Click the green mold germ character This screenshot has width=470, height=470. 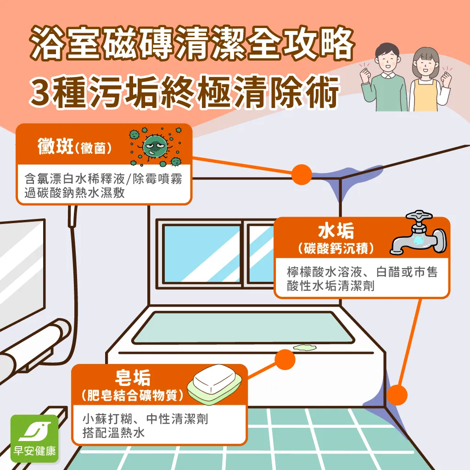pyautogui.click(x=155, y=146)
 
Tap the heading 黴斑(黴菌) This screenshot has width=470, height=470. pyautogui.click(x=75, y=146)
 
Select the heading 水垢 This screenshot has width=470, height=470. pyautogui.click(x=336, y=231)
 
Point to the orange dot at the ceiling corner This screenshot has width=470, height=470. pyautogui.click(x=302, y=174)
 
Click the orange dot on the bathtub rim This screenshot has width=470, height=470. pyautogui.click(x=285, y=359)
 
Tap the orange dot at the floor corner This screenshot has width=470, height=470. pyautogui.click(x=397, y=395)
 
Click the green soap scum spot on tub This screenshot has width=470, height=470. pyautogui.click(x=304, y=347)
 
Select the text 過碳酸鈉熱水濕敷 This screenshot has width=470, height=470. pyautogui.click(x=75, y=193)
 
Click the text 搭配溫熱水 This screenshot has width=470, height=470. pyautogui.click(x=114, y=432)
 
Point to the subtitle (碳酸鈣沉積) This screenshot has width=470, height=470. pyautogui.click(x=336, y=248)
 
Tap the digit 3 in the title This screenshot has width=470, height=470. pyautogui.click(x=41, y=92)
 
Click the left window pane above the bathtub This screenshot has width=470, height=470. pyautogui.click(x=202, y=254)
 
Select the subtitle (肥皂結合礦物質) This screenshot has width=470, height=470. pyautogui.click(x=133, y=395)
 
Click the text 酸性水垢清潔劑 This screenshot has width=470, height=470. pyautogui.click(x=330, y=285)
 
